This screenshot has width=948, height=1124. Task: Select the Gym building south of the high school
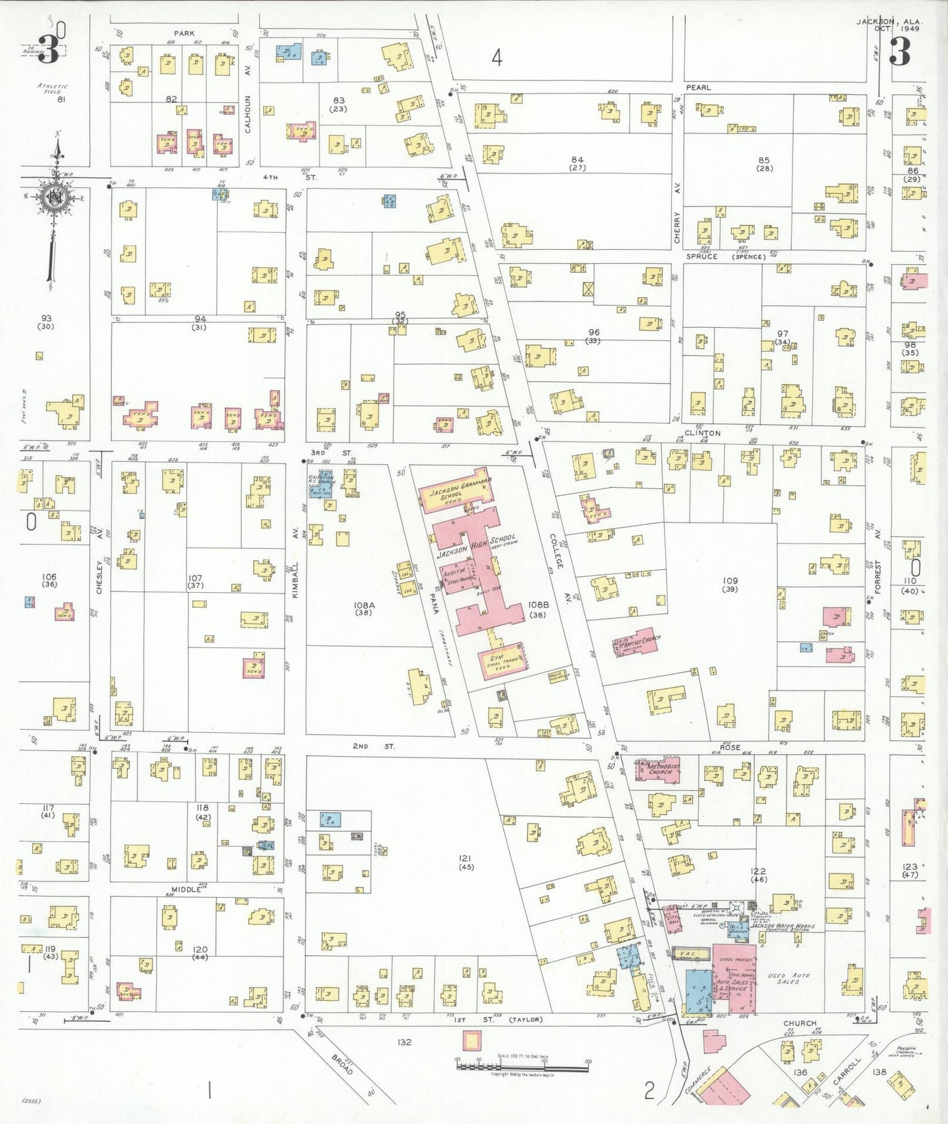click(502, 664)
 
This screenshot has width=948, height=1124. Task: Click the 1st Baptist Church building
click(635, 642)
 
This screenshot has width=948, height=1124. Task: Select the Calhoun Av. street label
click(248, 114)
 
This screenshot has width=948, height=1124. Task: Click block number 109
click(730, 580)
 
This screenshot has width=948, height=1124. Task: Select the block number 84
click(577, 159)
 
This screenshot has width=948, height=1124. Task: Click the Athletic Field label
click(52, 89)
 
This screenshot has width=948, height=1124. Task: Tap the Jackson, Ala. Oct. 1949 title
click(889, 25)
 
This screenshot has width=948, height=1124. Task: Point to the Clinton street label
click(702, 433)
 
